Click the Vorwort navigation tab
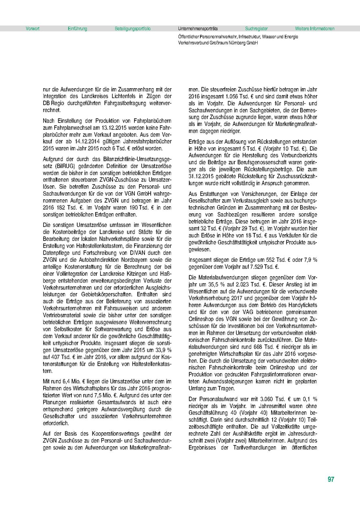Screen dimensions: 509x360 pos(32,29)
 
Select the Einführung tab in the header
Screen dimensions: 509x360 pos(77,29)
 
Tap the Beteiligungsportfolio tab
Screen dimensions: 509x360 pos(132,29)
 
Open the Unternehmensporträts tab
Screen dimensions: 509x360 pos(198,29)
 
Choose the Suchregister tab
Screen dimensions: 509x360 pos(256,29)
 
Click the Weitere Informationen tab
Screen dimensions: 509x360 pos(315,29)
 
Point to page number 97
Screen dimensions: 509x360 pos(331,480)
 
